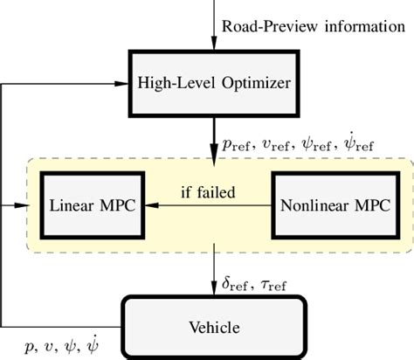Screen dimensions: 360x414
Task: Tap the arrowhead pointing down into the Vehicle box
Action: coord(212,292)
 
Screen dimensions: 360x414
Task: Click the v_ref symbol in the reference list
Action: coord(277,145)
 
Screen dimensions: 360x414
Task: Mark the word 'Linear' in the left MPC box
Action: coord(67,208)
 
